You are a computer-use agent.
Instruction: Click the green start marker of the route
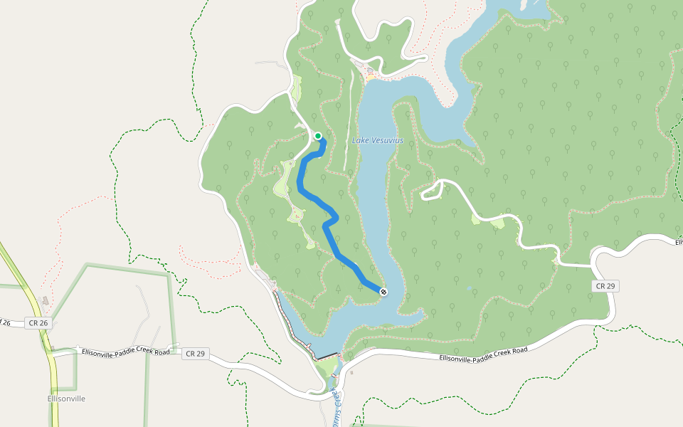[318, 136]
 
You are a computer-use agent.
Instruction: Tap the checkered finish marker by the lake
[383, 292]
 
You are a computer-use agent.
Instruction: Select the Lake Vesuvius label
[378, 140]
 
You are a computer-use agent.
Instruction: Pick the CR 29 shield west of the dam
[195, 354]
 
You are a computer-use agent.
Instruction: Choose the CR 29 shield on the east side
[605, 285]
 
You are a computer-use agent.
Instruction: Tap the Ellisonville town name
[66, 399]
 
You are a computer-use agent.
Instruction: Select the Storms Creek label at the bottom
[339, 406]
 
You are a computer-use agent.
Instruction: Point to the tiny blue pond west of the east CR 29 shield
[469, 289]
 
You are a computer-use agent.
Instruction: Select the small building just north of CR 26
[46, 302]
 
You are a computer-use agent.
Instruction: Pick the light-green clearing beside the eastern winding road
[497, 223]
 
